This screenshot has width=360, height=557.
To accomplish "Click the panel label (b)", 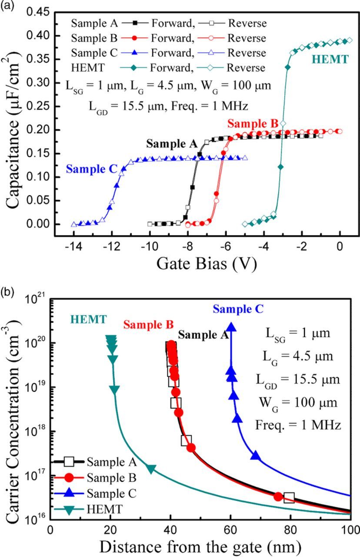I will (7, 291).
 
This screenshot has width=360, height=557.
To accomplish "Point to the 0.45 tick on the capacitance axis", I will (39, 12).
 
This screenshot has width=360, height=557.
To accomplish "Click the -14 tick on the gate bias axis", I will (73, 246).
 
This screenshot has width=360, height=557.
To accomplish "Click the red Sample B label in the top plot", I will (252, 124).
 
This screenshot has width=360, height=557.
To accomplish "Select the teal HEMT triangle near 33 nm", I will (151, 469).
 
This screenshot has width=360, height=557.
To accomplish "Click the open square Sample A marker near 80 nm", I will (289, 497).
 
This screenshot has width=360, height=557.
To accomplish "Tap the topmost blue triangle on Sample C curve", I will (231, 327).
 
